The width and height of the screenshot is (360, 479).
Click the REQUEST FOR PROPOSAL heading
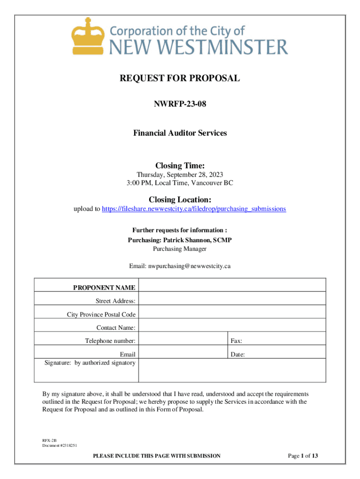point(180,78)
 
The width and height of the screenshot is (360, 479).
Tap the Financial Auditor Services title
point(180,133)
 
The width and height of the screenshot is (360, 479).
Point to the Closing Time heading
point(180,165)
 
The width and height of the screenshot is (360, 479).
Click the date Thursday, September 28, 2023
point(180,174)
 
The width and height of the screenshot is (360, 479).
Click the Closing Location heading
point(180,199)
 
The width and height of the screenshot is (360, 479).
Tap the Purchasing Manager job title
point(180,249)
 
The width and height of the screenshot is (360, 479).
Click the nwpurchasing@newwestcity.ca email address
point(190,266)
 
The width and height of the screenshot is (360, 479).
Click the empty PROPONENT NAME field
point(232,285)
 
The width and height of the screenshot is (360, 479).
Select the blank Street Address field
point(232,299)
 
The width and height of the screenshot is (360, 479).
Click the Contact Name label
point(116,327)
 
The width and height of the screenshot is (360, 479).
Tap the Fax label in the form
point(236,341)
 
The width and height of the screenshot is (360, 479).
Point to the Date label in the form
point(238,355)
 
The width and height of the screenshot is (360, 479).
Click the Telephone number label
point(110,341)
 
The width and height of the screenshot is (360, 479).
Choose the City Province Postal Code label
point(101,314)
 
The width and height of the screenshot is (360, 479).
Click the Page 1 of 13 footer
point(303,456)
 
